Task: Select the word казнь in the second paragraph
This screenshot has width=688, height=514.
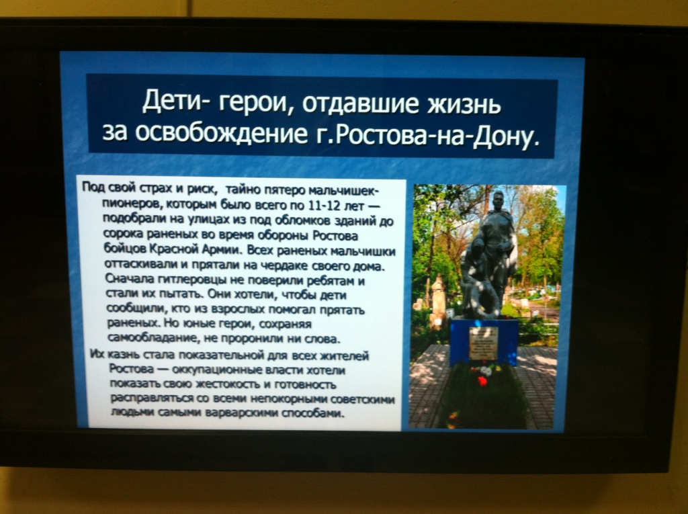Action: [124, 354]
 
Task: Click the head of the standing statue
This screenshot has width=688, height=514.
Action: [498, 201]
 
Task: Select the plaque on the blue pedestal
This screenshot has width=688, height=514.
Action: [483, 343]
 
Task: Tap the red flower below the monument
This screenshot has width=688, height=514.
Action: [482, 380]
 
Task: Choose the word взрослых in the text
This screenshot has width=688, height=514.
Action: [237, 309]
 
